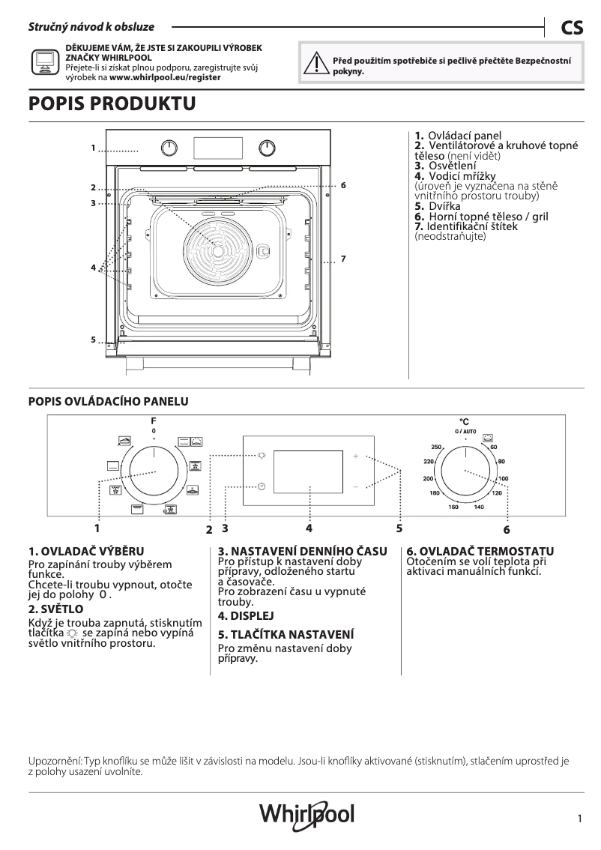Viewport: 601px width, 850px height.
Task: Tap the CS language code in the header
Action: pyautogui.click(x=571, y=28)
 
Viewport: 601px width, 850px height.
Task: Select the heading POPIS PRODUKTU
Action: pyautogui.click(x=112, y=104)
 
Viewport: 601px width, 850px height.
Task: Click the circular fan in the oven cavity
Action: pyautogui.click(x=217, y=245)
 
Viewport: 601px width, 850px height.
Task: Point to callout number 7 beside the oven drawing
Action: pyautogui.click(x=342, y=259)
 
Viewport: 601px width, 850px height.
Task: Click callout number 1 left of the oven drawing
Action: pyautogui.click(x=94, y=148)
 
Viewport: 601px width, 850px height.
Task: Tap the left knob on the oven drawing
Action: pyautogui.click(x=172, y=147)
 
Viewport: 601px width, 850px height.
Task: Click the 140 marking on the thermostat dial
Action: pyautogui.click(x=479, y=507)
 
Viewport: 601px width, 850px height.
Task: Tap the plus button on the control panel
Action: pyautogui.click(x=356, y=456)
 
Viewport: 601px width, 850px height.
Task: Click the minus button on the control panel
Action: pyautogui.click(x=356, y=487)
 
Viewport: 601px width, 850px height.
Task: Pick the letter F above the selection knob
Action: pyautogui.click(x=154, y=422)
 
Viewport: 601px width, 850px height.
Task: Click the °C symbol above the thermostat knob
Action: pyautogui.click(x=464, y=423)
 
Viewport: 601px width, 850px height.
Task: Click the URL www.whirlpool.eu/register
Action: pyautogui.click(x=165, y=77)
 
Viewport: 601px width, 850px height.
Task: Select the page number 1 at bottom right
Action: pyautogui.click(x=580, y=819)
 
